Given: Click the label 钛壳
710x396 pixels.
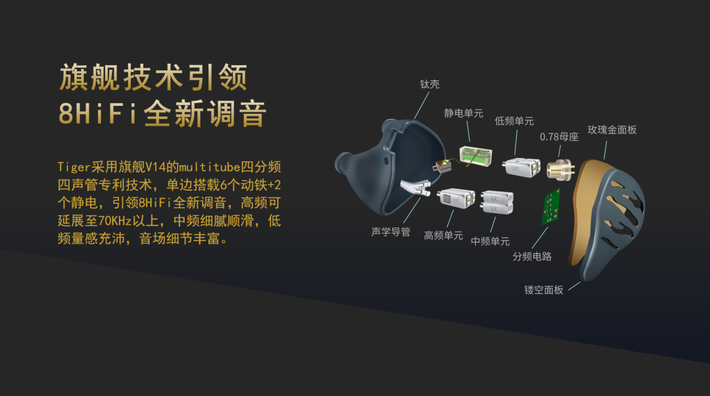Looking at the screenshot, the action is coord(429,84).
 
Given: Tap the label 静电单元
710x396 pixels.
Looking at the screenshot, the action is coord(463,113).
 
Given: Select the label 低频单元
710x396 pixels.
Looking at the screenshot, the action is coord(514,121).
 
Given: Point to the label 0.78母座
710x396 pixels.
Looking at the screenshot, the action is coord(559,137).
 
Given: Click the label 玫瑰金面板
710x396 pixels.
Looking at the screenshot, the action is coord(612,130).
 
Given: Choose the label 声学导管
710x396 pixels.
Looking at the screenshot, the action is coord(390,232).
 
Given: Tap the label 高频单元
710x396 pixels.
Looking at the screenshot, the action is coord(443,235).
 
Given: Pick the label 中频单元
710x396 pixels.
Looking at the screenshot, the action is coord(490,241).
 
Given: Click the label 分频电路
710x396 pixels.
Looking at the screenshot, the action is coord(532,257).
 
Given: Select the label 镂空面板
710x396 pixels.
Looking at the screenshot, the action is coord(544,290).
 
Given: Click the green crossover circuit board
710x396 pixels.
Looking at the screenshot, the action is coord(552,207).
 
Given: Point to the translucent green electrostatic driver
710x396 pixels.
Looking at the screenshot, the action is coord(475,156).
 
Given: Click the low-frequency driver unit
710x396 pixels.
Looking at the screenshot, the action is coord(521,166).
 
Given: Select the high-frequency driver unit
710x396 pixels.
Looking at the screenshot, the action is coord(456,198).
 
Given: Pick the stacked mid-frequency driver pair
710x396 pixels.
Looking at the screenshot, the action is coord(497,203).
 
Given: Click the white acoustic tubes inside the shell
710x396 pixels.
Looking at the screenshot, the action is coord(415,187).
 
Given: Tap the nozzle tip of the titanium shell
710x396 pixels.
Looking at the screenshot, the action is coord(341,163).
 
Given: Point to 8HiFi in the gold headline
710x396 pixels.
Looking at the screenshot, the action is coord(98,113).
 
